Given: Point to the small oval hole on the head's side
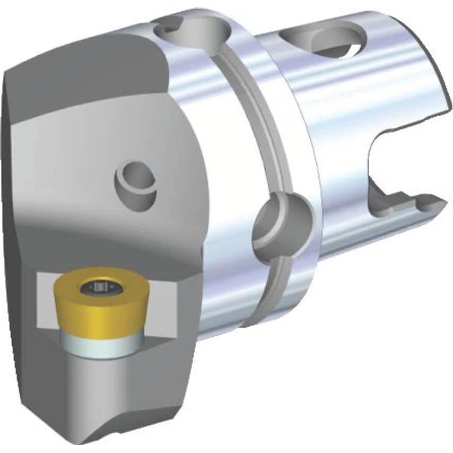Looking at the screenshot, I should pos(135,183).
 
